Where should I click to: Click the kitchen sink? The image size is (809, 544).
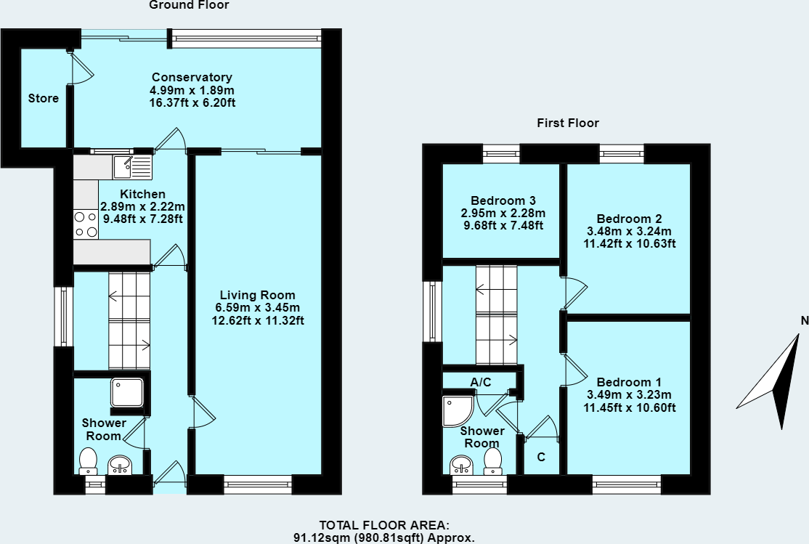[x=133, y=167]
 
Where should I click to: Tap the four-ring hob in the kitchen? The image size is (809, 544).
[x=86, y=224]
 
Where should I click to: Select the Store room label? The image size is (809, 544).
[x=44, y=98]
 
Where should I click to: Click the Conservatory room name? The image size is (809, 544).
[x=192, y=77]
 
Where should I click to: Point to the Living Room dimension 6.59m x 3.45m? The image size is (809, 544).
[x=258, y=308]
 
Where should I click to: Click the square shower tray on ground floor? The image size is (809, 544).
[x=127, y=393]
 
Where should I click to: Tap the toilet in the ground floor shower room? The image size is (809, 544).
[x=88, y=461]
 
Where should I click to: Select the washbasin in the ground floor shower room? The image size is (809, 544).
[x=121, y=465]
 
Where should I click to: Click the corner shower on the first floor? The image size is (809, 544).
[x=458, y=411]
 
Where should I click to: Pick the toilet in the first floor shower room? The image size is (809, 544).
[x=492, y=461]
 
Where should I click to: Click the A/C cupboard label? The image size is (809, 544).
[x=481, y=382]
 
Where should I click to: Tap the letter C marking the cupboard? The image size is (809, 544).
[x=541, y=457]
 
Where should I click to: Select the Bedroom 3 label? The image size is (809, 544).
[x=503, y=200]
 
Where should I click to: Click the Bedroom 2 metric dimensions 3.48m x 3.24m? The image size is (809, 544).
[x=630, y=231]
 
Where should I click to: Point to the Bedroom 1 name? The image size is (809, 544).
[x=629, y=382]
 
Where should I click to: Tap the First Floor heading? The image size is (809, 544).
[x=568, y=123]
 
